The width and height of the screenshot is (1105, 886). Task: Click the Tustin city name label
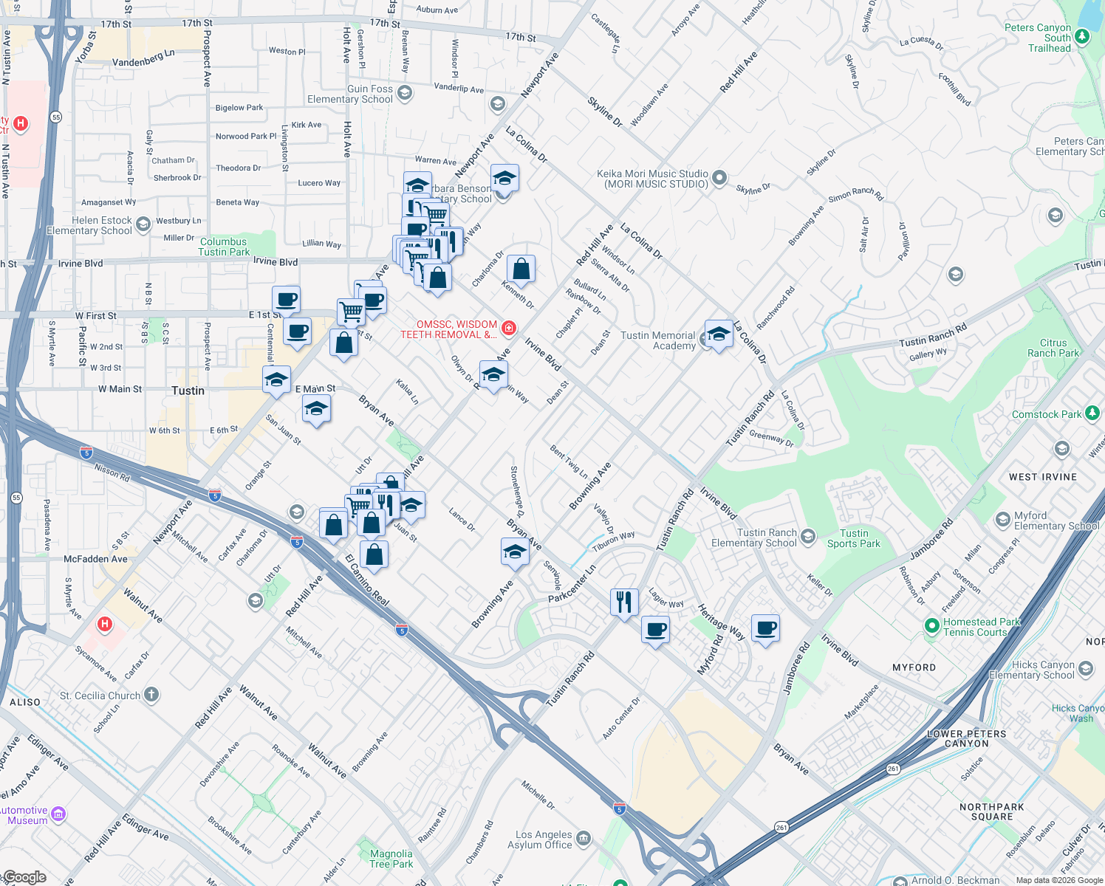pyautogui.click(x=188, y=391)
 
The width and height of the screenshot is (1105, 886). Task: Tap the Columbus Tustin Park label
pyautogui.click(x=224, y=247)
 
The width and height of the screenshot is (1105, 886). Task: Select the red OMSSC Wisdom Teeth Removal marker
pyautogui.click(x=509, y=328)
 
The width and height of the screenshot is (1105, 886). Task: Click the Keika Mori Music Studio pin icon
pyautogui.click(x=719, y=178)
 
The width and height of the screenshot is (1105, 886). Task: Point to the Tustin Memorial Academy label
pyautogui.click(x=658, y=340)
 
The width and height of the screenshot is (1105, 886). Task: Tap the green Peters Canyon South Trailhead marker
pyautogui.click(x=1082, y=36)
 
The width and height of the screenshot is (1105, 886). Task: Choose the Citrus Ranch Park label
pyautogui.click(x=1053, y=348)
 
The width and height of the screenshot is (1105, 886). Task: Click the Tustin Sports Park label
pyautogui.click(x=854, y=538)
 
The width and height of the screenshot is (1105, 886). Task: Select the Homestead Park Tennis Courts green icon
pyautogui.click(x=931, y=626)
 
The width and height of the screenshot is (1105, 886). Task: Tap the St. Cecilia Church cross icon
pyautogui.click(x=151, y=694)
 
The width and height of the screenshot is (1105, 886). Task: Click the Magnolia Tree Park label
pyautogui.click(x=391, y=859)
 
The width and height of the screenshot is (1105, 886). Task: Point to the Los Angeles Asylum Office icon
pyautogui.click(x=584, y=838)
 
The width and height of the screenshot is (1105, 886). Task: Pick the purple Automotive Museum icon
pyautogui.click(x=58, y=814)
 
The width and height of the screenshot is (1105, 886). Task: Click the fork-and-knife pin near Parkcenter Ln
pyautogui.click(x=624, y=602)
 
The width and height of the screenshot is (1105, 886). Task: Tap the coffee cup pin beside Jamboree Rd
pyautogui.click(x=766, y=628)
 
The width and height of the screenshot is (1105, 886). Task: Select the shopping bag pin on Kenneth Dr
pyautogui.click(x=521, y=271)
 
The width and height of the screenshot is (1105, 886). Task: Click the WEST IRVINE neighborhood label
pyautogui.click(x=1042, y=477)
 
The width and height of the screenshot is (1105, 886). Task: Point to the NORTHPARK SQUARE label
pyautogui.click(x=991, y=811)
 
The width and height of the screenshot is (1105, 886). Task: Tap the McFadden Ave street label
pyautogui.click(x=95, y=559)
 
